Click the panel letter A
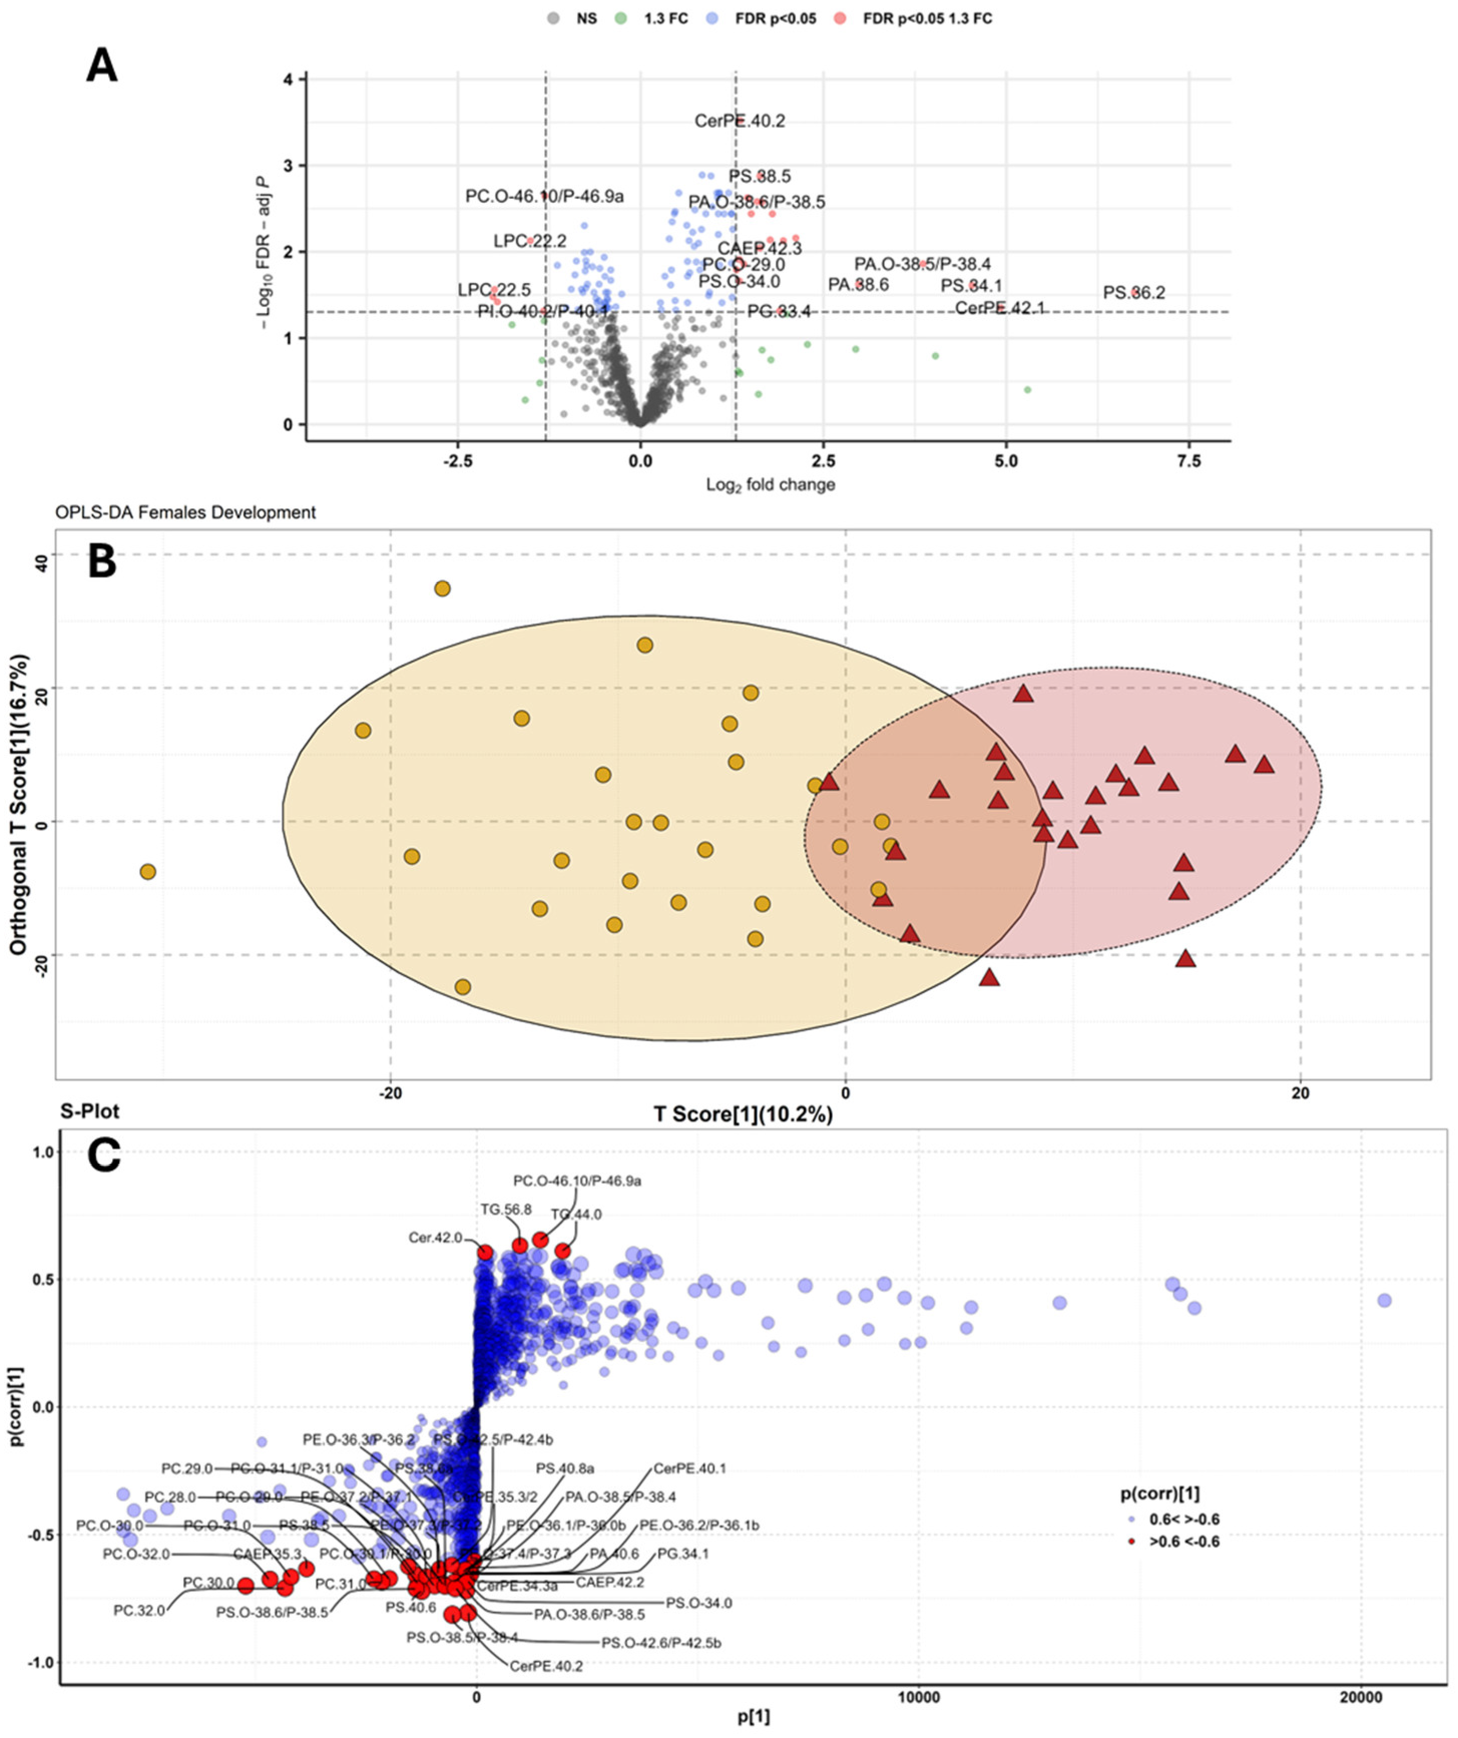102,66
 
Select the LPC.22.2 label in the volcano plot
530,241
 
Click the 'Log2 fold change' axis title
770,484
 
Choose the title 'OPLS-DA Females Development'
185,512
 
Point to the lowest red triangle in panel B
990,978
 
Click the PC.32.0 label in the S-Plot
139,1611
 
